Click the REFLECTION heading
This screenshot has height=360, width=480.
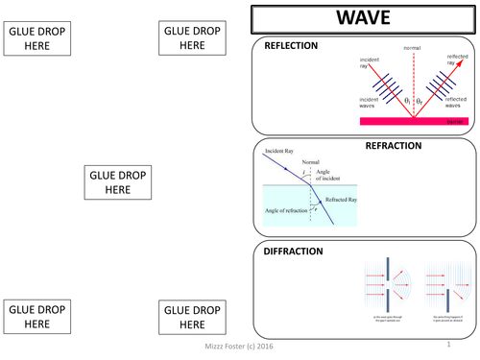(291, 46)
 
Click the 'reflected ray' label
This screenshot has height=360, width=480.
(458, 60)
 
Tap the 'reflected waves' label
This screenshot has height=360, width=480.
(456, 103)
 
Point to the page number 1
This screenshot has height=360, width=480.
(447, 343)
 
